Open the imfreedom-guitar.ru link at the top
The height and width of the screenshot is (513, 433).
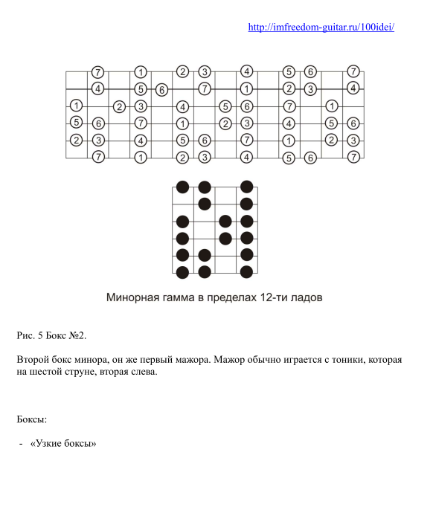(321, 28)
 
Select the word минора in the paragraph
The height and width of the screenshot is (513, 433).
(103, 360)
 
